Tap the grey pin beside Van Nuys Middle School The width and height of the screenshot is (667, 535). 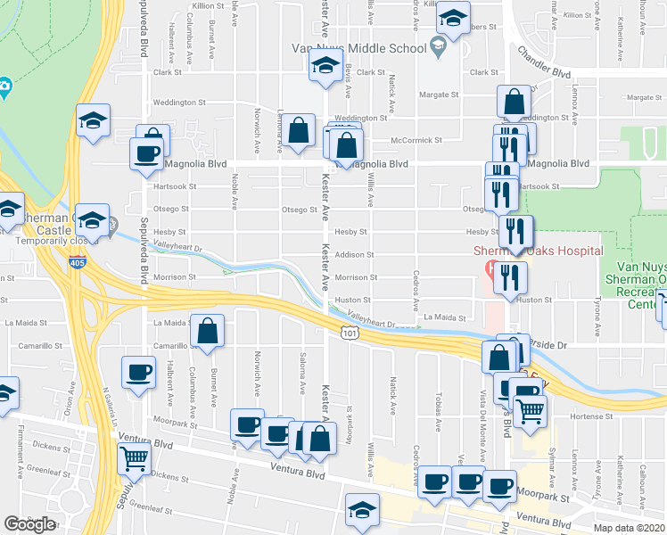coord(437,45)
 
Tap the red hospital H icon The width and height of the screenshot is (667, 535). coord(488,267)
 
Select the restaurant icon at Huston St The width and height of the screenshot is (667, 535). coord(509,276)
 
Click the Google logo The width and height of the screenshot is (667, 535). coord(29,523)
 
